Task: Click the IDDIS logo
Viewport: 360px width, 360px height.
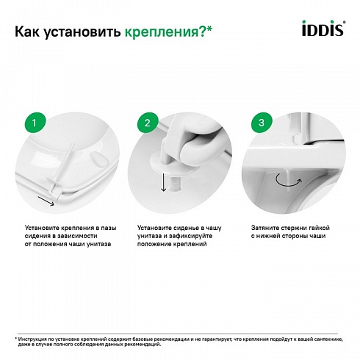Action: coord(323,28)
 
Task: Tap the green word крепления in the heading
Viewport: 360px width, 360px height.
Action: coord(162,32)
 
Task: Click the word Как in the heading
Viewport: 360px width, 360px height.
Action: coord(27,32)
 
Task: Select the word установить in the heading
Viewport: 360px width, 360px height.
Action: coord(82,32)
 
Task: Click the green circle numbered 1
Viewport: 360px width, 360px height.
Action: coord(35,123)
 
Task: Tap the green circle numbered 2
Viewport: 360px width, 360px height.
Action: coord(148,123)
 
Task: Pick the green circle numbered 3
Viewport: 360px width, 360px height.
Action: coord(262,123)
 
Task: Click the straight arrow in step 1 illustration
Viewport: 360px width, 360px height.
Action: coord(46,201)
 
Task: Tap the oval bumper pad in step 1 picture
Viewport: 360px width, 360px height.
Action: coord(100,159)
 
